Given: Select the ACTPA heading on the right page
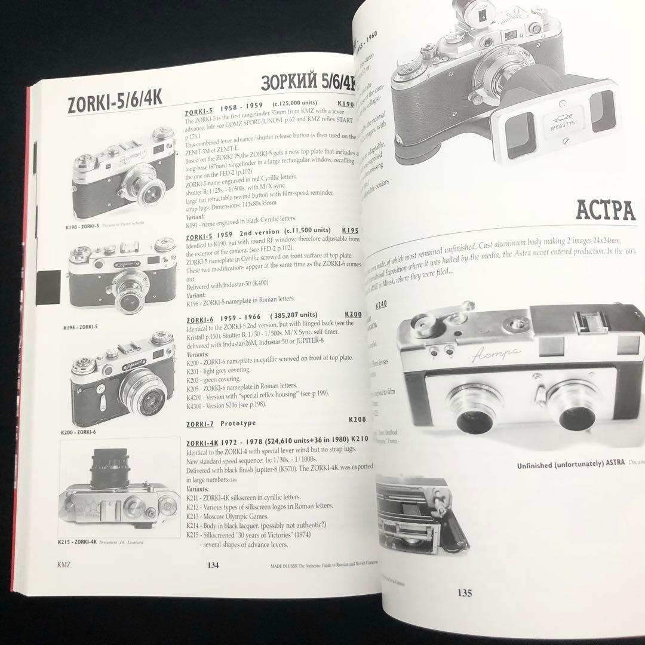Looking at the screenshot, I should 604,210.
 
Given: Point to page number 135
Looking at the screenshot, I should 464,592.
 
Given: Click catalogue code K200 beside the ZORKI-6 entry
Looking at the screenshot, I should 353,315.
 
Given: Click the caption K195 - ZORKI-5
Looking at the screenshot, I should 81,327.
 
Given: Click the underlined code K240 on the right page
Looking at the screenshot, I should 381,305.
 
